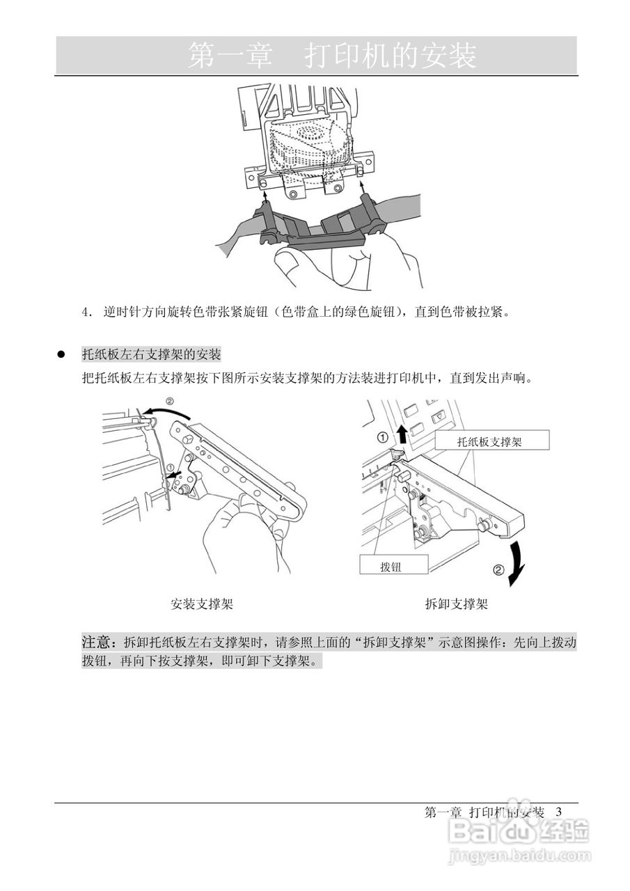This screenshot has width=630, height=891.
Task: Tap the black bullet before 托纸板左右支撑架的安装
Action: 61,355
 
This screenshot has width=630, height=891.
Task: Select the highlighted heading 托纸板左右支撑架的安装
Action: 151,355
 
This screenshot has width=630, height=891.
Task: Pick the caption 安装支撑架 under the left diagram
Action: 202,604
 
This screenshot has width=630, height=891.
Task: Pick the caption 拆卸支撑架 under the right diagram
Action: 456,604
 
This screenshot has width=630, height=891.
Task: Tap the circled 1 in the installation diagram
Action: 171,468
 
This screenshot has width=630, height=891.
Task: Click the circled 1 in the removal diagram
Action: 382,437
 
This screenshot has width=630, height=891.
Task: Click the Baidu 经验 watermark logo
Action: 519,831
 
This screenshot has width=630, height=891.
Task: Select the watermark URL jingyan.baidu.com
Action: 519,855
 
